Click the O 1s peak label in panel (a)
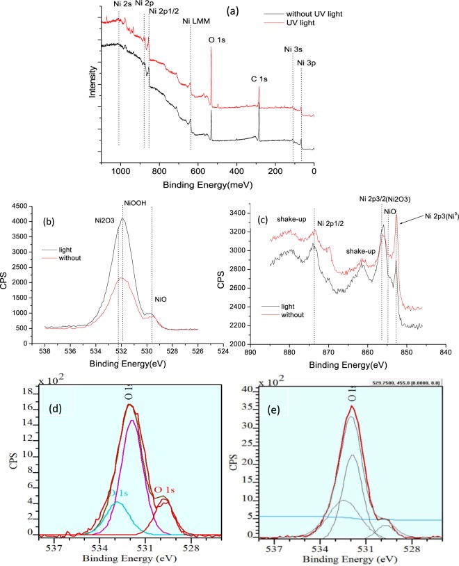tap(216, 40)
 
